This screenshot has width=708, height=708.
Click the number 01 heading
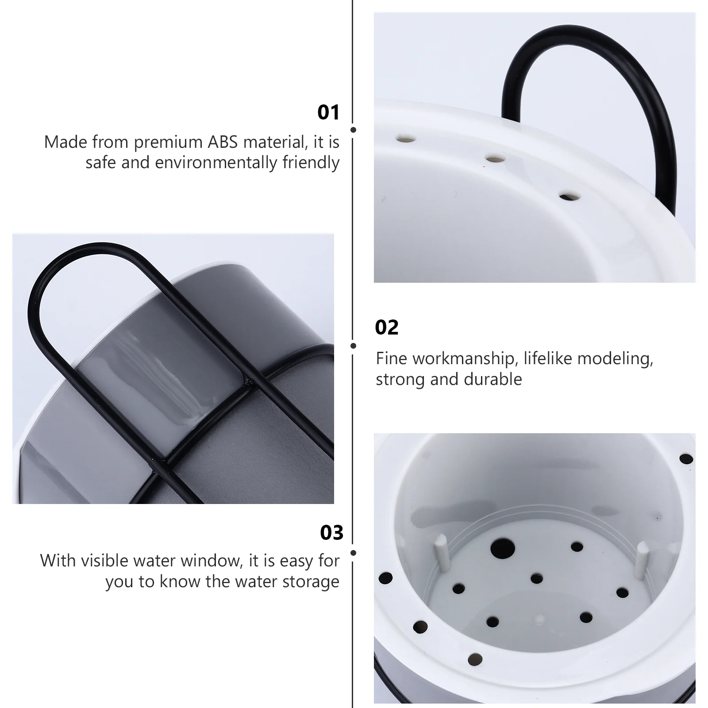click(328, 112)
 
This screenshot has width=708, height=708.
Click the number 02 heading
click(386, 327)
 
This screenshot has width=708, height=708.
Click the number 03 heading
click(331, 533)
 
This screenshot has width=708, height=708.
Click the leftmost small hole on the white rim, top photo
click(405, 139)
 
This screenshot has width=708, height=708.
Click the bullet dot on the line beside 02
click(353, 346)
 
